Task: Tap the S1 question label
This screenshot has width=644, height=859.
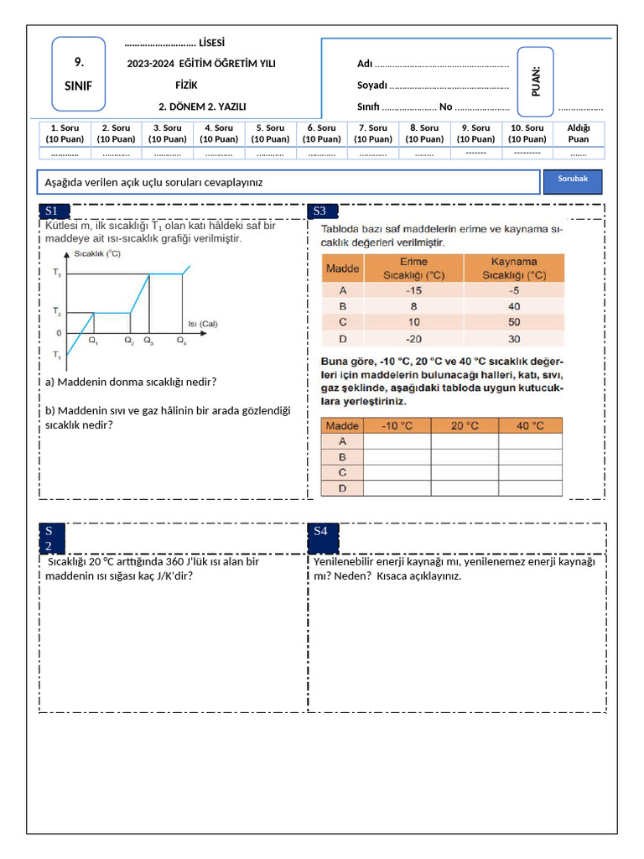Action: point(52,211)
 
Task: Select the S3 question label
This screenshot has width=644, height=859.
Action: point(320,211)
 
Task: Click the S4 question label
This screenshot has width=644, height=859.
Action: point(321,531)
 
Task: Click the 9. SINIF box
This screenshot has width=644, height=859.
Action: point(79,74)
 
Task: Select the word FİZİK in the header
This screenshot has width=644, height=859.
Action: point(186,86)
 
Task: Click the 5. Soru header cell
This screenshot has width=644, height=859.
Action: point(270,133)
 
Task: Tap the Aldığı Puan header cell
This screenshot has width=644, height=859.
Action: point(579,133)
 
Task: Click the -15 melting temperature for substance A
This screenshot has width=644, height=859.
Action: point(413,290)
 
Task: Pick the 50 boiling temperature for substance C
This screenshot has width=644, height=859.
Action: point(513,322)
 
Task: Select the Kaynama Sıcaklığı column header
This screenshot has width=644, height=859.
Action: point(513,268)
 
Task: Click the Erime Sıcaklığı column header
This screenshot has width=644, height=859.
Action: point(413,268)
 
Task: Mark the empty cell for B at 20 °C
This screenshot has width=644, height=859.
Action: point(465,457)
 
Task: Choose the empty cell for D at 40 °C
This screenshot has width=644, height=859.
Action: point(530,488)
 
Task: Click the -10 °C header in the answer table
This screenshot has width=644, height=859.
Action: point(397,425)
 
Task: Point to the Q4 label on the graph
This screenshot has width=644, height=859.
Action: point(182,341)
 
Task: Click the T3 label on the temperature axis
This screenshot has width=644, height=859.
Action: point(56,273)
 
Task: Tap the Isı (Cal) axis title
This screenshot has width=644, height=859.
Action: point(203,323)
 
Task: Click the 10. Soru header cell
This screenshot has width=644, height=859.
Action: point(527,133)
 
